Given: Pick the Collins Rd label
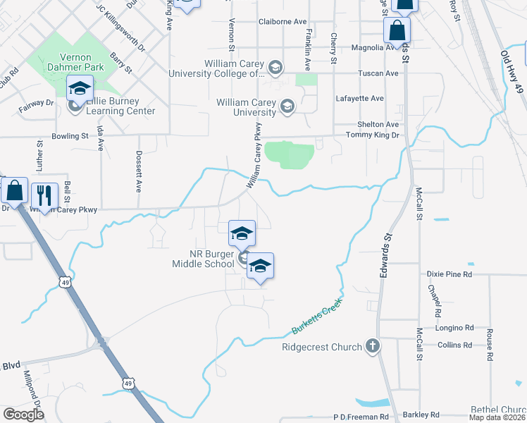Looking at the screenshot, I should pos(454,345).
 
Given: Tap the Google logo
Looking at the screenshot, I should pos(24,414).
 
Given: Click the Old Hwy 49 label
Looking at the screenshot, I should pos(512,68).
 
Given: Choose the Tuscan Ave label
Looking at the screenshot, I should pos(378,73).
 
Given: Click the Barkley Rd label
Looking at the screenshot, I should pos(421,415).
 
